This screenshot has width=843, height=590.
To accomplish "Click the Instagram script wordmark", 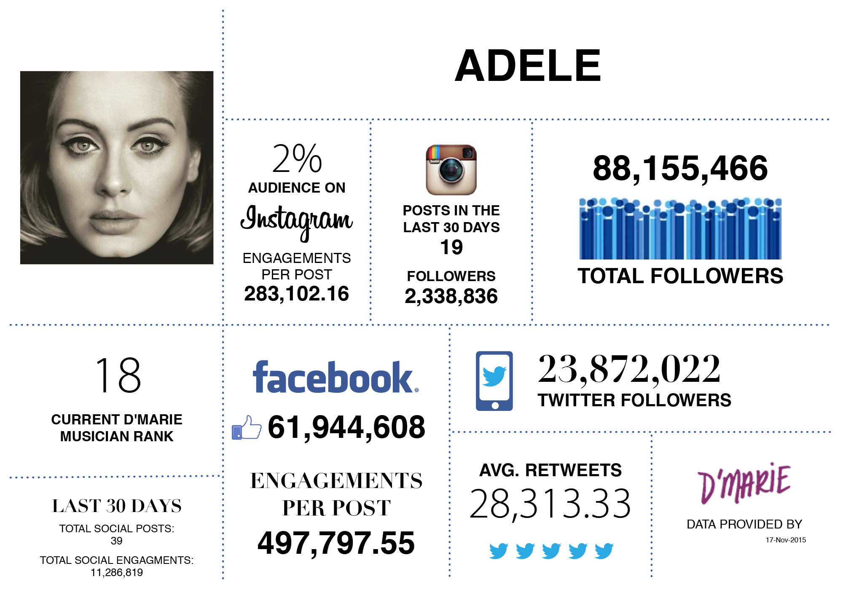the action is pos(296,221).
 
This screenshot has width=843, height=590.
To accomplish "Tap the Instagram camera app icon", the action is pos(451,170).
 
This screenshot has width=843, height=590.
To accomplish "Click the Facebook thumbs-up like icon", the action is pos(247,428).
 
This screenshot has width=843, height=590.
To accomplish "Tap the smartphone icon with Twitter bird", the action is pos(494,381).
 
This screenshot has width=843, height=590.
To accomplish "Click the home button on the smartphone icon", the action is pos(495,405).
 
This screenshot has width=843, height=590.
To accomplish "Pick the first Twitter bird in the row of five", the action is pos(499,551).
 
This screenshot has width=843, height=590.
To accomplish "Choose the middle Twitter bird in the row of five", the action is pos(551,551).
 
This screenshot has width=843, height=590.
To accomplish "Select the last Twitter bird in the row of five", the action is pos(604,551).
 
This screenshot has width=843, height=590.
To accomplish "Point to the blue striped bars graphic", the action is pos(681,228).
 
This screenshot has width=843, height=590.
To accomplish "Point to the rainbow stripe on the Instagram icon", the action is pos(434,152).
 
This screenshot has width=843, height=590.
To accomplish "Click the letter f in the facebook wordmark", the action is pos(260,377).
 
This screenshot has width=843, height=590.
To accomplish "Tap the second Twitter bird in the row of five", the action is pos(525,551).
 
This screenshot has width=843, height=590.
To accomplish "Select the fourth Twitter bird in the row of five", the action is pos(577,551).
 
